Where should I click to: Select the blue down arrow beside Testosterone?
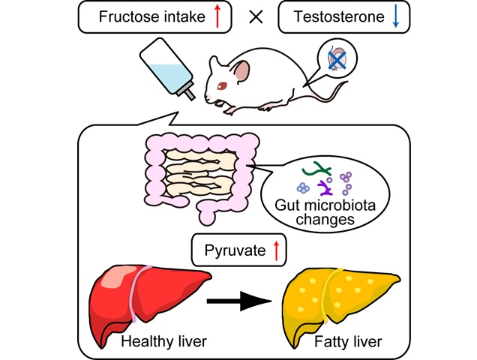(396, 16)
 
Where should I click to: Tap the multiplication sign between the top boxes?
(256, 17)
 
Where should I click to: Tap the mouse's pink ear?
(241, 72)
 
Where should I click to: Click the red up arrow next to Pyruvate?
(275, 250)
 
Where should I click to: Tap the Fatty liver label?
(347, 343)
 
